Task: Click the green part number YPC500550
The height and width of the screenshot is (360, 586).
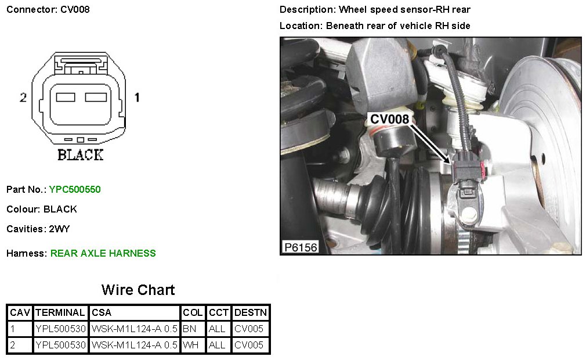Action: pos(75,189)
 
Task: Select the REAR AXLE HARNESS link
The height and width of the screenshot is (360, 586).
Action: pos(103,254)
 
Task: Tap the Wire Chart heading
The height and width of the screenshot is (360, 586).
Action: pos(138,290)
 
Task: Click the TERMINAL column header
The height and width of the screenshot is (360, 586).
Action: pos(60,312)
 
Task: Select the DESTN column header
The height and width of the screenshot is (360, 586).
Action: pos(251,312)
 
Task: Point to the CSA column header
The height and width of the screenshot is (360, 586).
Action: pos(102,312)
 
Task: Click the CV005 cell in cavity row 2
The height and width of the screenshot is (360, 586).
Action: pos(249,345)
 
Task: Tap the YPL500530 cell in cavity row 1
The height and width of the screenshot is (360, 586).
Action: pos(60,329)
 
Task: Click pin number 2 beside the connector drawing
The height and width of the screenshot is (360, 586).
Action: pos(23,98)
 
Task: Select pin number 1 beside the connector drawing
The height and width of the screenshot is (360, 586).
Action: pos(137,98)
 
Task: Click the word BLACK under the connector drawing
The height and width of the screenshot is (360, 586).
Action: pos(80,155)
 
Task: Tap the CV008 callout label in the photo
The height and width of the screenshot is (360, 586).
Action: pos(389,119)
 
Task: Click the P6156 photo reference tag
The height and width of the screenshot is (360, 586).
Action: pos(301,247)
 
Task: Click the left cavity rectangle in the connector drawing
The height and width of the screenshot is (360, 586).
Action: pos(66,97)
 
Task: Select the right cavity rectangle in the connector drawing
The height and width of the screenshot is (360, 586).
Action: pos(96,97)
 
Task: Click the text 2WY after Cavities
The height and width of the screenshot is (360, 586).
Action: pos(59,229)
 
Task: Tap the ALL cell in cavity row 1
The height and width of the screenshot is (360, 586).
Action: pos(217,329)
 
